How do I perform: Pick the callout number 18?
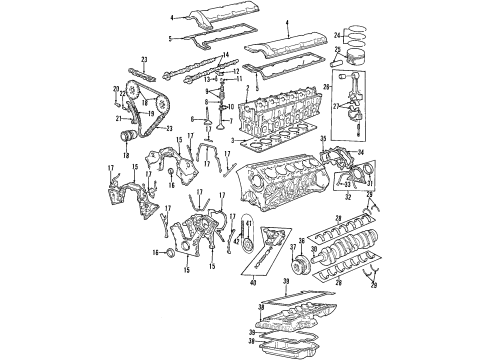[127, 155]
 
